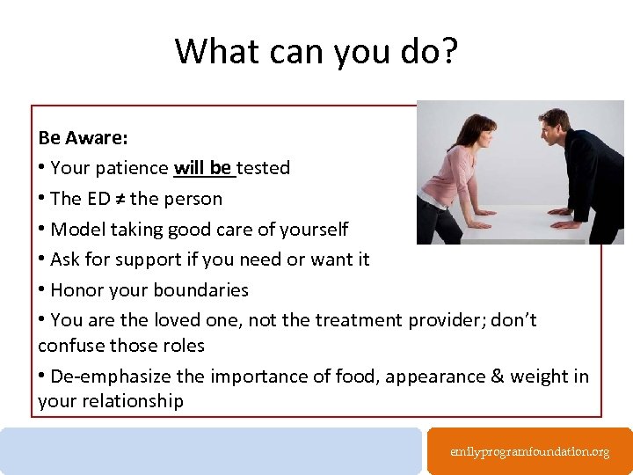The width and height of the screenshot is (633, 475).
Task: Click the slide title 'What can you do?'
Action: click(316, 50)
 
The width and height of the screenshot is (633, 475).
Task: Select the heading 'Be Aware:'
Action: click(83, 138)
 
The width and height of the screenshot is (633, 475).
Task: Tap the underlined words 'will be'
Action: click(203, 167)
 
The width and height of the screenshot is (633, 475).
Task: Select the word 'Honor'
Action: click(76, 290)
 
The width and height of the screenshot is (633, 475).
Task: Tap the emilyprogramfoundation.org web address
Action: click(529, 451)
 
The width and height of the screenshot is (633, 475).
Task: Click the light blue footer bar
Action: click(211, 450)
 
